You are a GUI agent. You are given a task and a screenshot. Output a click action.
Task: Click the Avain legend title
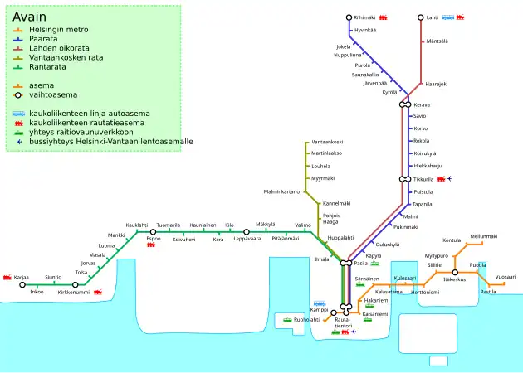click(x=30, y=17)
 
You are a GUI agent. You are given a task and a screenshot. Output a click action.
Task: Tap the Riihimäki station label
click(x=364, y=17)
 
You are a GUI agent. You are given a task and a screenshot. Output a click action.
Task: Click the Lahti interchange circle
click(x=421, y=17)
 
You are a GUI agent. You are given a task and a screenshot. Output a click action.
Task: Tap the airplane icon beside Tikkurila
click(x=450, y=178)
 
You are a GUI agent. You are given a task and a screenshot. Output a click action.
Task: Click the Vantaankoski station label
click(x=327, y=143)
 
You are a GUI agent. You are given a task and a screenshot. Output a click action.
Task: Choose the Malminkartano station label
click(x=281, y=192)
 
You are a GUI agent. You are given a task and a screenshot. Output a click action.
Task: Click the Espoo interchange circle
click(x=153, y=232)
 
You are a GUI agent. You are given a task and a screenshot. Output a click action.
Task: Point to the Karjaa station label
click(x=22, y=277)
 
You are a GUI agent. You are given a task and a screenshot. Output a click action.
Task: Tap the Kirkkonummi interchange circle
click(x=75, y=284)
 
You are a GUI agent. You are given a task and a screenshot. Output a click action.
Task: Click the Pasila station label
click(x=360, y=263)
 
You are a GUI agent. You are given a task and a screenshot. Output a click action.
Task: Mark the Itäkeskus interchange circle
click(x=455, y=272)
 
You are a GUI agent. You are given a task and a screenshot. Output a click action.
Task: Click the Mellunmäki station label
click(x=483, y=236)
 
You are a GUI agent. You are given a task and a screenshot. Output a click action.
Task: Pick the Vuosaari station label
click(x=505, y=277)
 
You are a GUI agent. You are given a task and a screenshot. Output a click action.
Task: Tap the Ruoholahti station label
click(x=306, y=319)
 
